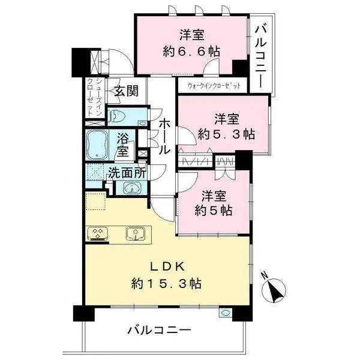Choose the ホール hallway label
coord(163,137)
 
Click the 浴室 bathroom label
coord(124,144)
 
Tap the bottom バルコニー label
coord(160,330)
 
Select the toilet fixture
coord(119,115)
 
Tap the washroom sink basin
coord(133,188)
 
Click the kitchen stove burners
coord(97,232)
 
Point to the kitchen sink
coord(135,233)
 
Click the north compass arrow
coord(277,292)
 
